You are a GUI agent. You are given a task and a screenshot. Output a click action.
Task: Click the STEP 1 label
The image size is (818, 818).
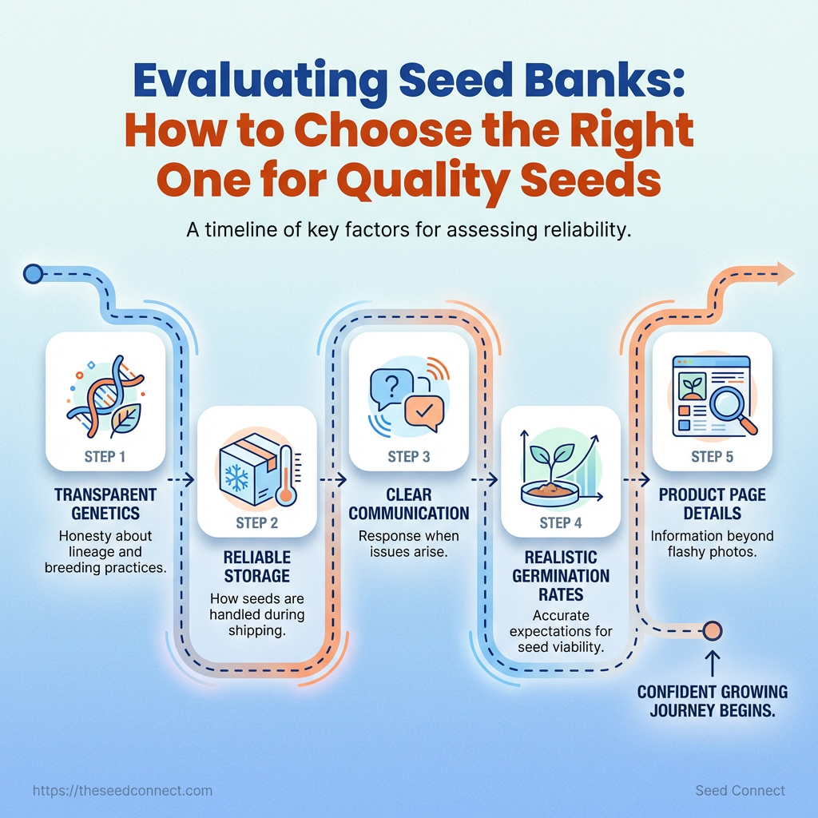pos(105,457)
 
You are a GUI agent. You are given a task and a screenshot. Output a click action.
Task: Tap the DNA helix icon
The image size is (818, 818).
pos(105,394)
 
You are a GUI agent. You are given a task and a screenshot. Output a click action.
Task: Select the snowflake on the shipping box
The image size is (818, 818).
pos(236,478)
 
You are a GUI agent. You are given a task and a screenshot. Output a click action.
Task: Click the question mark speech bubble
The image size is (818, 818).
pos(391,388)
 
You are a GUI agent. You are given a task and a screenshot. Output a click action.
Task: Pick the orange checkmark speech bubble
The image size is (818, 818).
pos(424,413)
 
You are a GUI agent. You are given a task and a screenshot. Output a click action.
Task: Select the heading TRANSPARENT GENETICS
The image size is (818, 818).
pos(105,504)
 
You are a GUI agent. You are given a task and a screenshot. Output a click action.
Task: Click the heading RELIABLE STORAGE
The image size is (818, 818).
pos(257,566)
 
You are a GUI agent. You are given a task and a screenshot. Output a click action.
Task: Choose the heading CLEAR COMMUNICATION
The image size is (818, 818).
pos(409,504)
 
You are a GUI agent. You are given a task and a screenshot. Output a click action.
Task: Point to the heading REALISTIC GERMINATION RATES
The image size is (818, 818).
pos(561,576)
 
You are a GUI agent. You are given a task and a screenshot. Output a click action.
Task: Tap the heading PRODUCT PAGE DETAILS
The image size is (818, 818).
pos(712,504)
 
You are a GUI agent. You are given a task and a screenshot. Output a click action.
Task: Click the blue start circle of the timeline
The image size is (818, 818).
pos(34,274)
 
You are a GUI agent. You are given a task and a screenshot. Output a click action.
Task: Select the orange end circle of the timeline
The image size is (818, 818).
pos(712,631)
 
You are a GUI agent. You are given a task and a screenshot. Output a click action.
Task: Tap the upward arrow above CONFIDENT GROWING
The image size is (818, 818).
pos(712,662)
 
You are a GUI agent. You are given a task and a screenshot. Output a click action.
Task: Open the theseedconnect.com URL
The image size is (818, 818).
pos(122,791)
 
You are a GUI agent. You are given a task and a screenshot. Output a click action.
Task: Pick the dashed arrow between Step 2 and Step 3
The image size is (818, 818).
pos(333,479)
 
